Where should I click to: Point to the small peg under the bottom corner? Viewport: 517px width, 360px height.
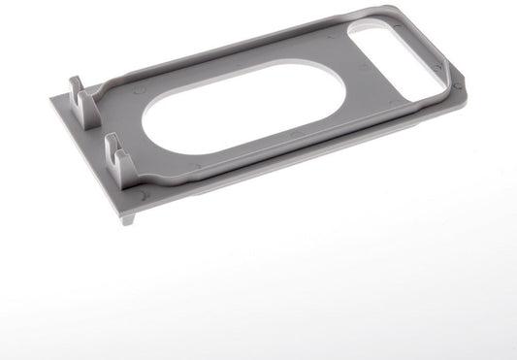click(127, 219)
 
